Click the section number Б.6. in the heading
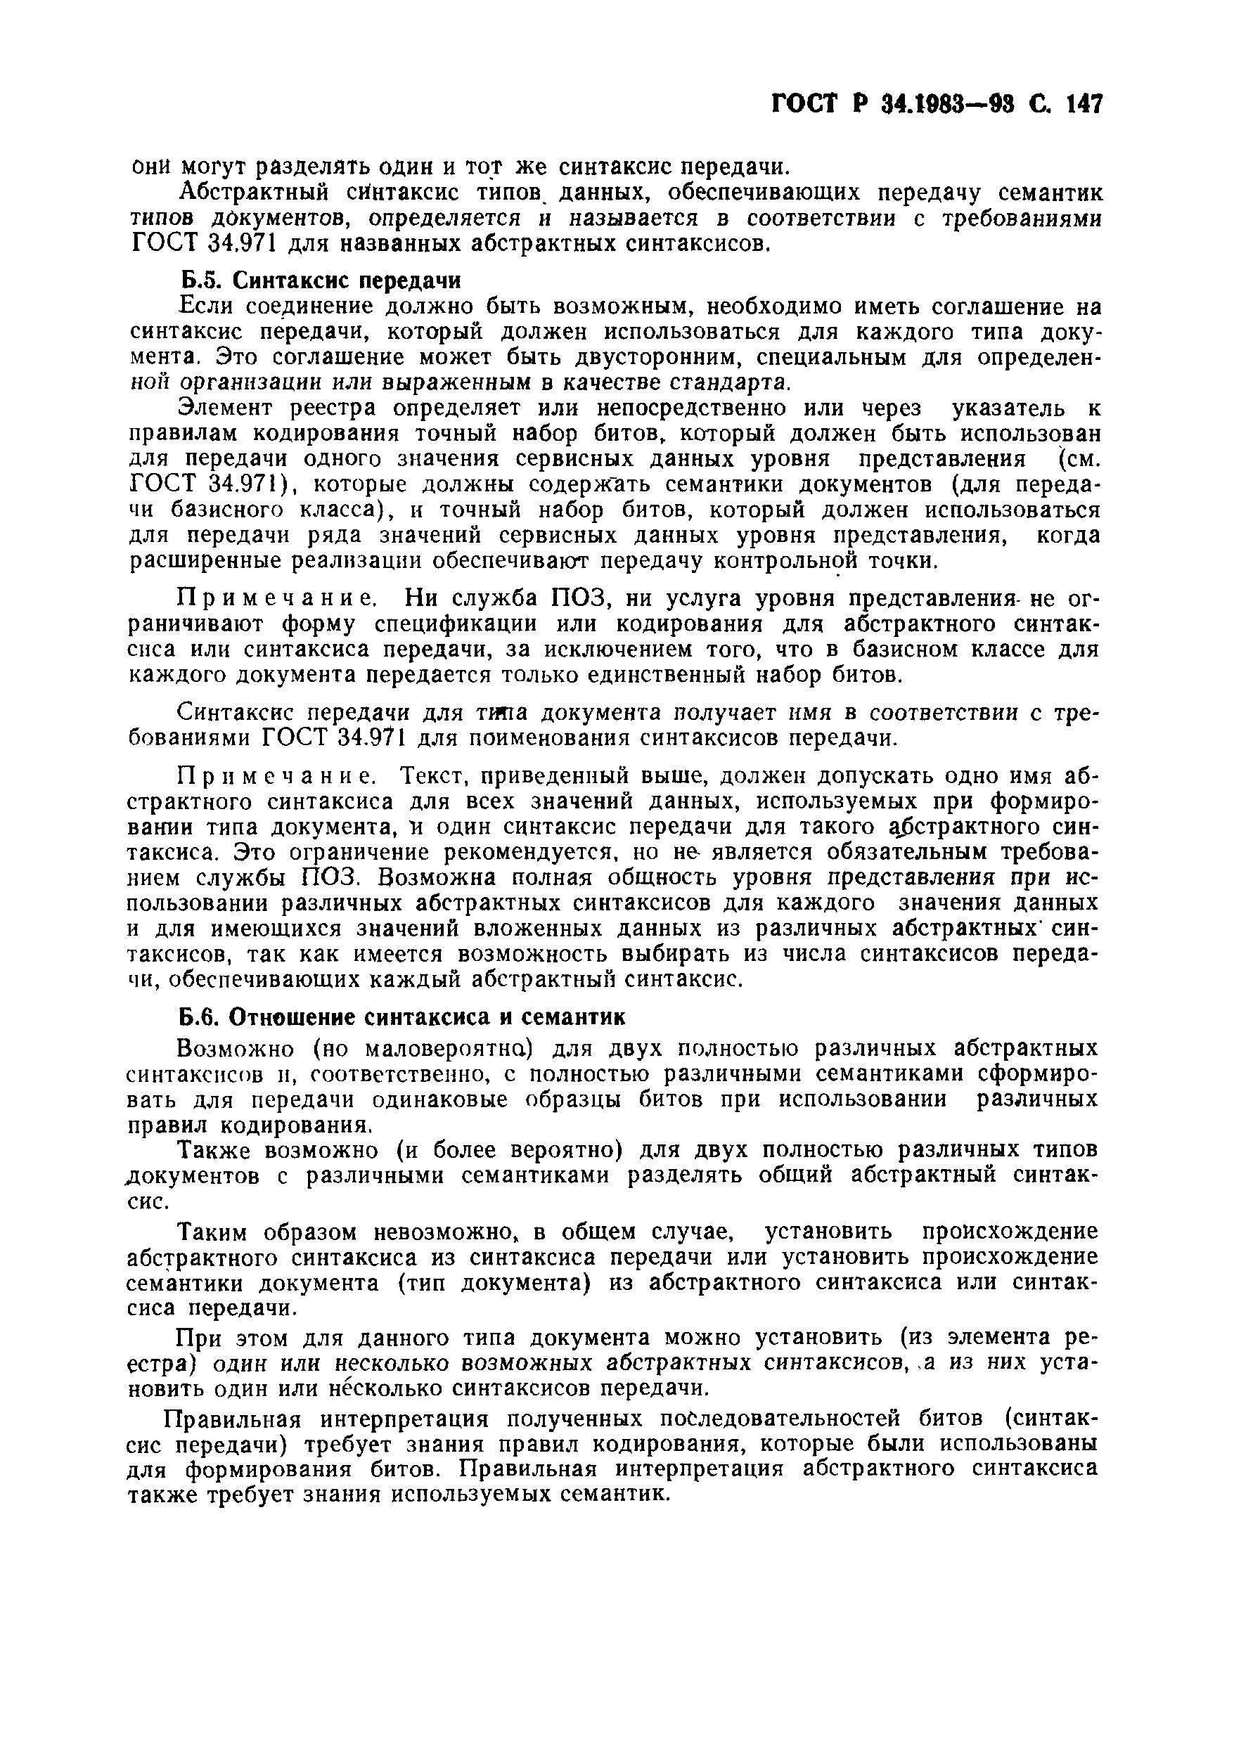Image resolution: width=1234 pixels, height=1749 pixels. pos(200,1017)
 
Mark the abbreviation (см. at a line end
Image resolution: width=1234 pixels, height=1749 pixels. pos(1074,458)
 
